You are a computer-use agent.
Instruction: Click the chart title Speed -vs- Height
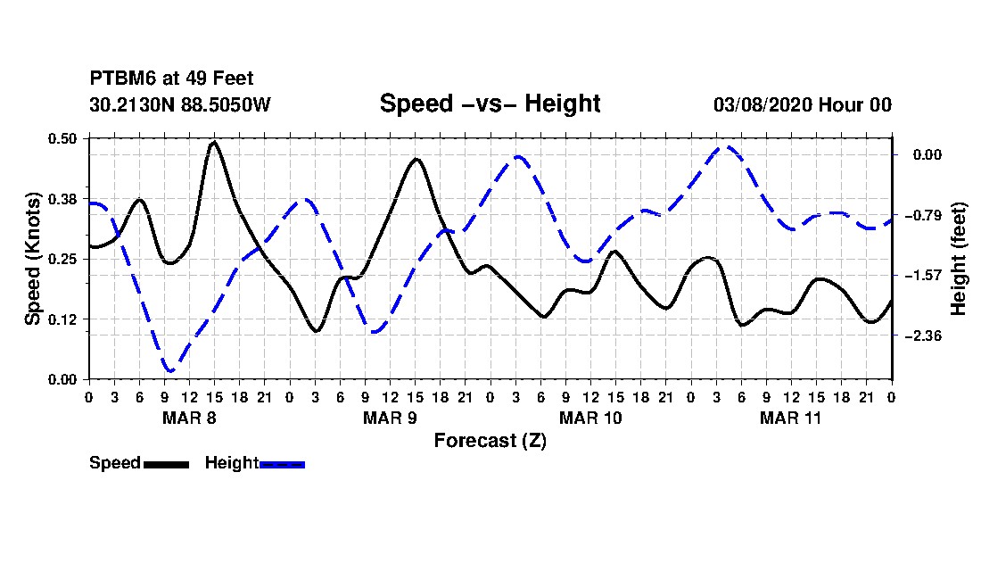point(490,104)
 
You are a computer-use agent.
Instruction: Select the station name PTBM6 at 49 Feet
point(171,79)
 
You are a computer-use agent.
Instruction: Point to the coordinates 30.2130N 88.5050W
point(180,104)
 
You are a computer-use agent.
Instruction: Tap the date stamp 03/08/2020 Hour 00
point(803,104)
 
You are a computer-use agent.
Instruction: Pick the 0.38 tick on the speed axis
point(64,198)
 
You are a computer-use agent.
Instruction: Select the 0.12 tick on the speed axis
point(64,319)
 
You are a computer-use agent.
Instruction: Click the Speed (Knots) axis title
point(33,259)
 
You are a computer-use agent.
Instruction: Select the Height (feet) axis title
point(960,259)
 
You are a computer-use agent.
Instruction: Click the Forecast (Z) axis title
point(490,440)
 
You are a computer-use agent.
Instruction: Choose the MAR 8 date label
point(189,418)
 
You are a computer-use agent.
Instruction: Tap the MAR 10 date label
point(590,418)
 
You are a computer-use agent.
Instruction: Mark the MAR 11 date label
point(791,418)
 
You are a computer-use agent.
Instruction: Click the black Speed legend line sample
point(166,464)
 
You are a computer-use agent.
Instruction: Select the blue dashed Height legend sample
point(282,464)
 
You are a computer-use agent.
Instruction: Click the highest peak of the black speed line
point(214,142)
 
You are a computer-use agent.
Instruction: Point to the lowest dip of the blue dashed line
point(169,370)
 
